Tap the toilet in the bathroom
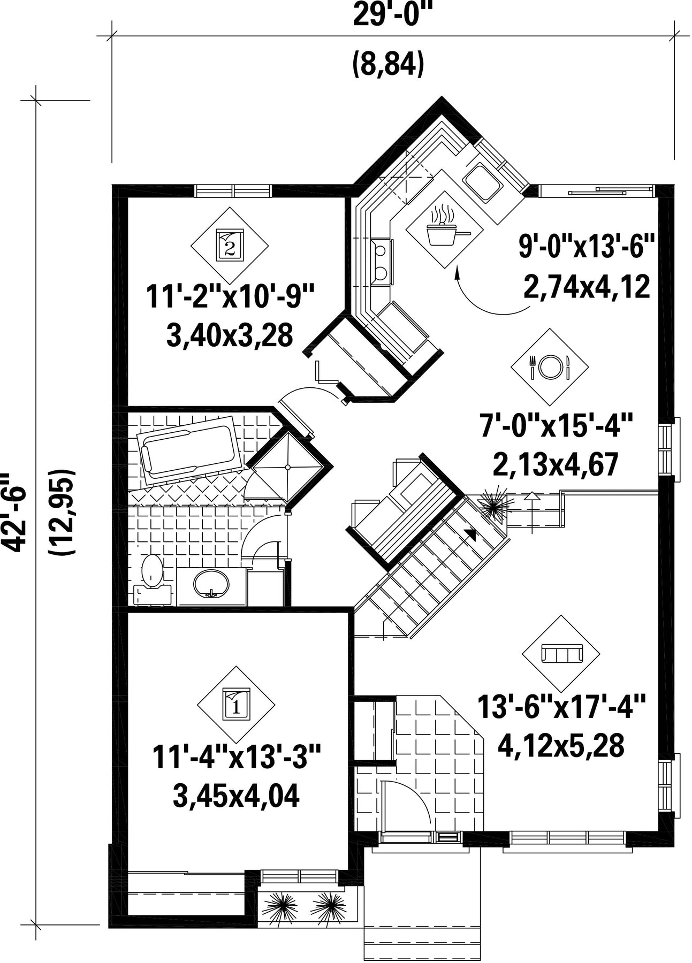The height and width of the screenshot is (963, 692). [x=151, y=580]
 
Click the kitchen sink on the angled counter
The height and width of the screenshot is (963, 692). [x=483, y=181]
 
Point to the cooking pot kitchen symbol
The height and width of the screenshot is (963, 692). [x=445, y=229]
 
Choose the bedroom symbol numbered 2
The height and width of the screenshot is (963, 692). [x=230, y=245]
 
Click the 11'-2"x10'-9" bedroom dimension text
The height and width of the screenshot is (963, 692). [x=229, y=297]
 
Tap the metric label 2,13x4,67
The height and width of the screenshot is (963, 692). [x=556, y=464]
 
